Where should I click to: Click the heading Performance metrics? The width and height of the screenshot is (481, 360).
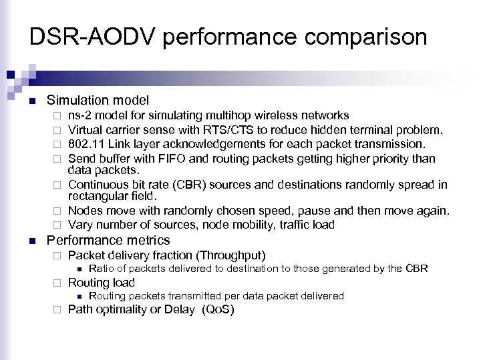click(x=108, y=240)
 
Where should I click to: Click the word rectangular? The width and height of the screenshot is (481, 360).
click(x=97, y=195)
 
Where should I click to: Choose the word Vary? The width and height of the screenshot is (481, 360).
click(x=81, y=224)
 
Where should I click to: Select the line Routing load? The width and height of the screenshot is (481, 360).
click(x=102, y=283)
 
